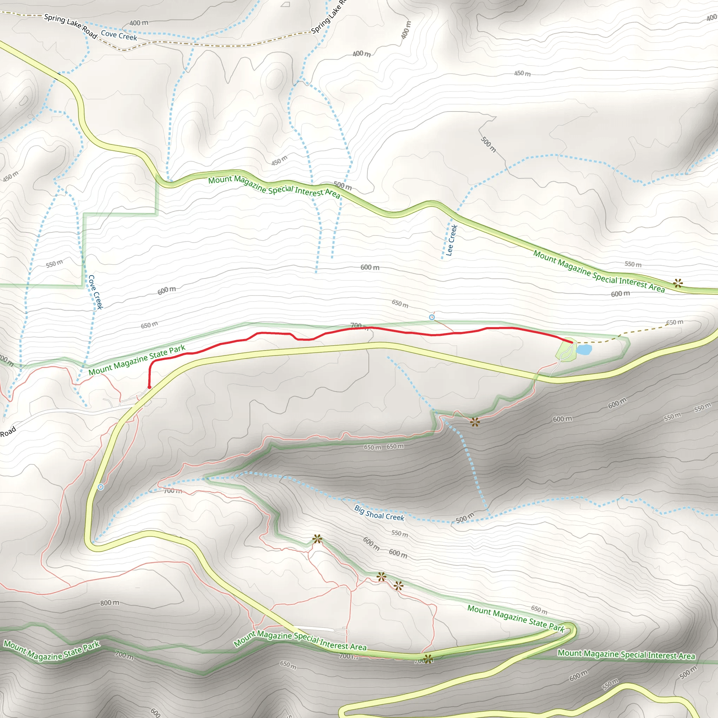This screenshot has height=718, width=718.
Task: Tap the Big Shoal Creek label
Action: point(379,513)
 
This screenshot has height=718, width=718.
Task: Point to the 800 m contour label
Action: point(110,602)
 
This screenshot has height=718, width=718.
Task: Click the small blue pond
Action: point(584,349)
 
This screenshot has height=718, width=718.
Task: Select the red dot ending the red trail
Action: point(149,387)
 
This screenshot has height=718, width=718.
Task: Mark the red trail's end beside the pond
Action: point(571,342)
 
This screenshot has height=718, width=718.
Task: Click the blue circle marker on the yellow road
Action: point(101,487)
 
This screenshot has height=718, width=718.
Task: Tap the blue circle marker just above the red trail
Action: point(432,317)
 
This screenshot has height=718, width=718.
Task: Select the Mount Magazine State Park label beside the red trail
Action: point(137,360)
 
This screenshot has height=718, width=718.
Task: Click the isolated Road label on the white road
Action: point(8,432)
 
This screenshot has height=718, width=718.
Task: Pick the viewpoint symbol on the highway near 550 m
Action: point(678,283)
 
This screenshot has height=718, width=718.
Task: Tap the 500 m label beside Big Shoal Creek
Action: point(465,517)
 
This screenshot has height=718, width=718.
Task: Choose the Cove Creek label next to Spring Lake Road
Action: point(119,35)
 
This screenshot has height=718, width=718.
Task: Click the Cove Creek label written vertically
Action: point(95,292)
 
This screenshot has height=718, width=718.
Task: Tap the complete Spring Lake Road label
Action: point(70,25)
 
